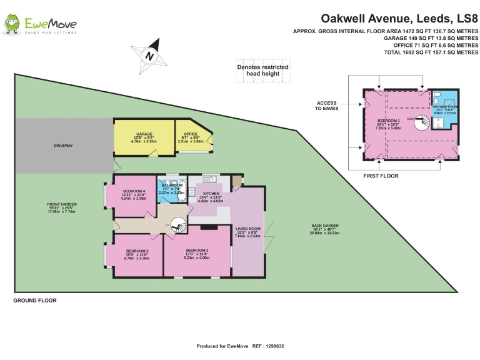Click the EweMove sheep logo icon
pos(11,24)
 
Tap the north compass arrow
pos(150,54)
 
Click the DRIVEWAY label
pos(64,146)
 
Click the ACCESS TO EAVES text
pos(326,106)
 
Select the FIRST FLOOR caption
pos(381,176)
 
